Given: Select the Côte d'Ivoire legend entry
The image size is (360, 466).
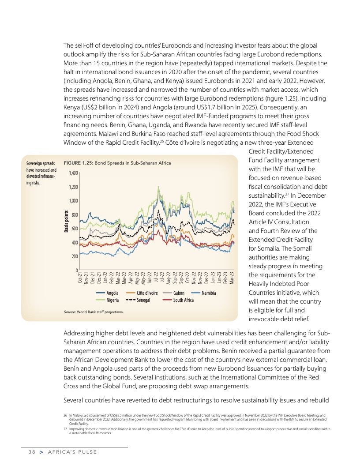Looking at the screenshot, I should [142, 293].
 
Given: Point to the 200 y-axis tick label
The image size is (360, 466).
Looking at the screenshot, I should [75, 256].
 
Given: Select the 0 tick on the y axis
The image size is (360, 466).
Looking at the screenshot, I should [77, 270].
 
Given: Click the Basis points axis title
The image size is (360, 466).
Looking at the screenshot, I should [67, 222].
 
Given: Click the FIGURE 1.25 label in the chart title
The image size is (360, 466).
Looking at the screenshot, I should [79, 163].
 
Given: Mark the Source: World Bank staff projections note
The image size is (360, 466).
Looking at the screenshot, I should [94, 312].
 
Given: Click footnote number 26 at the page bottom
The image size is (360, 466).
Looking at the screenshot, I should [65, 416].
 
